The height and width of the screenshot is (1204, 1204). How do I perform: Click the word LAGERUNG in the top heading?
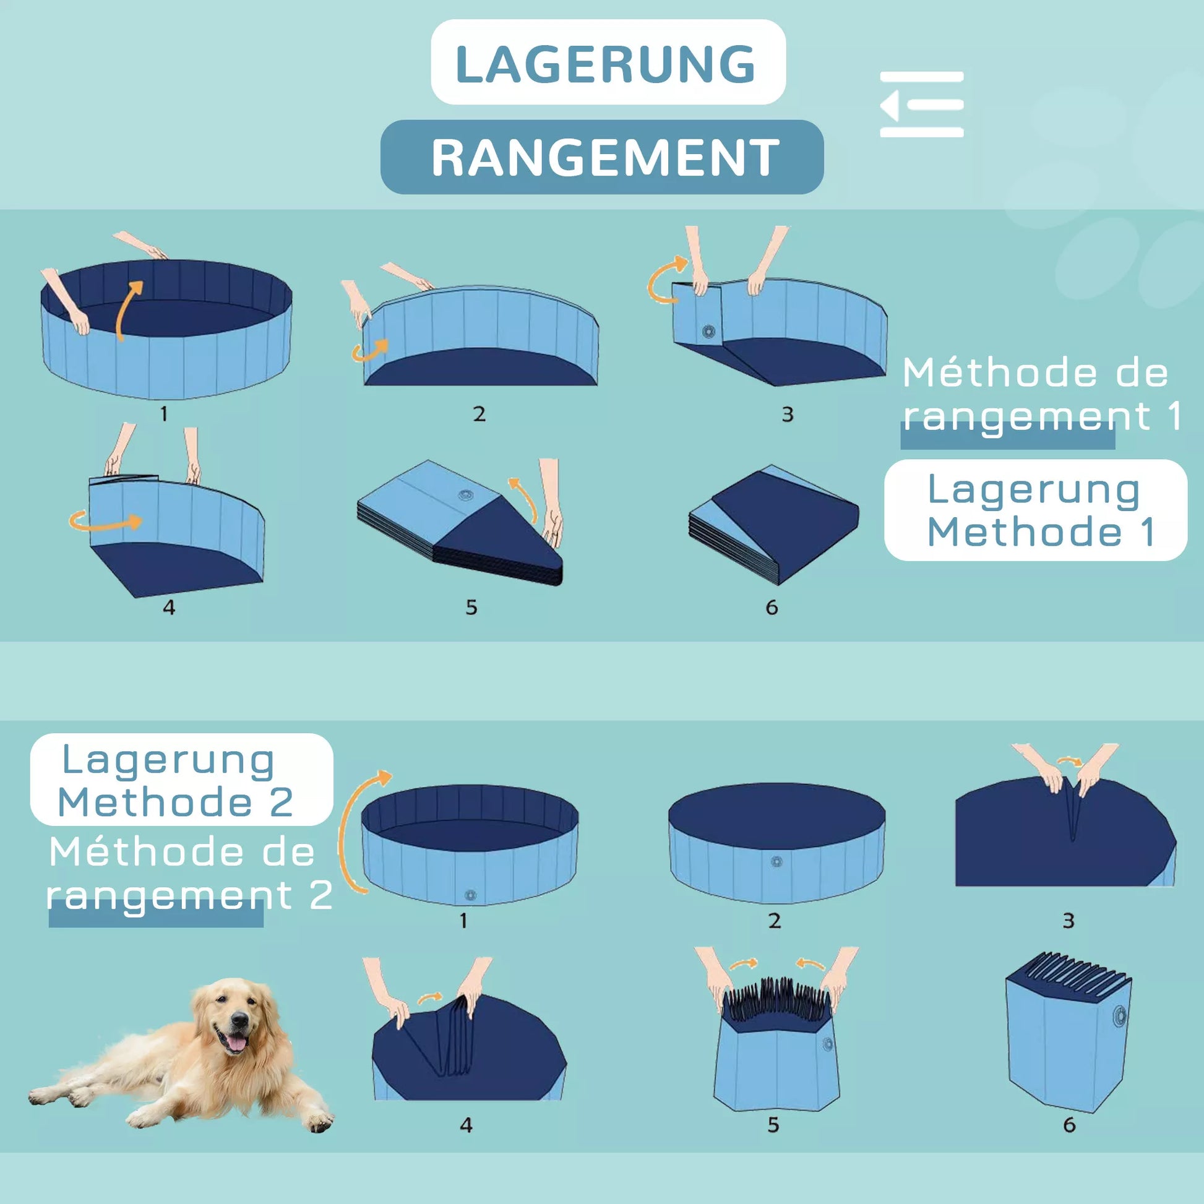click(606, 64)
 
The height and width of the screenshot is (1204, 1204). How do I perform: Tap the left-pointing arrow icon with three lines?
click(922, 104)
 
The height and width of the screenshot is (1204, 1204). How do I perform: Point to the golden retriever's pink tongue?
click(235, 1042)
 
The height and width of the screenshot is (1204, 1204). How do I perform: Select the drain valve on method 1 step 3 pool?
click(708, 332)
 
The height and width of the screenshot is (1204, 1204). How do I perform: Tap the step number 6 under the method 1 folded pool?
click(772, 607)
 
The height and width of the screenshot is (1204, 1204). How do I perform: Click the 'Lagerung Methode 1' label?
click(1035, 510)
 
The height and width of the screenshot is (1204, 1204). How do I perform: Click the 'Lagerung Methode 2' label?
click(181, 779)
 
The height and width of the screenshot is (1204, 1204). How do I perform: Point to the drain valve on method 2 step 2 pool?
click(776, 862)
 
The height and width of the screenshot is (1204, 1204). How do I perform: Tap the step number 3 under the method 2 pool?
click(1068, 921)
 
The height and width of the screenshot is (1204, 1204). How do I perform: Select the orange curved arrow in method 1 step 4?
click(105, 521)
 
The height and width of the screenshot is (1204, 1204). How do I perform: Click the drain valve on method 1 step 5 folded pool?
click(465, 496)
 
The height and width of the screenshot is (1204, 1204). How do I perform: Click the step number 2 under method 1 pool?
click(479, 414)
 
